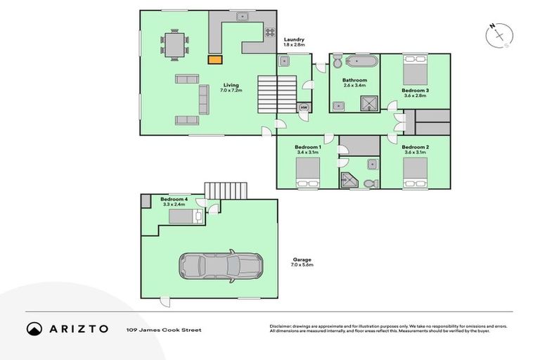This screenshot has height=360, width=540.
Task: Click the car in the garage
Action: pyautogui.click(x=220, y=266)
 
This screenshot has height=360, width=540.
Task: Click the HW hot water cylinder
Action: pyautogui.click(x=304, y=108)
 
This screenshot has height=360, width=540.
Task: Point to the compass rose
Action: pyautogui.click(x=499, y=34)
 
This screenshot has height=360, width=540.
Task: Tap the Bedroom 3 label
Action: pyautogui.click(x=415, y=91)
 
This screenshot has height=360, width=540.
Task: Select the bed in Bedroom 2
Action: pyautogui.click(x=415, y=172)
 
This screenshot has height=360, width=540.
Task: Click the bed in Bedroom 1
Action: pyautogui.click(x=307, y=172)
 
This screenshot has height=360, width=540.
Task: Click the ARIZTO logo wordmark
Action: pyautogui.click(x=78, y=329)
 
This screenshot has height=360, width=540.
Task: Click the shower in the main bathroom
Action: pyautogui.click(x=369, y=103)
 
